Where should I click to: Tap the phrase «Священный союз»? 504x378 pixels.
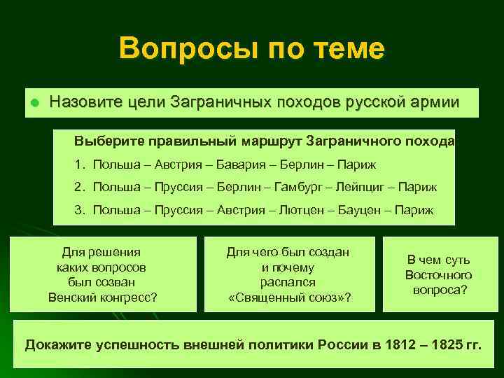[x=289, y=297]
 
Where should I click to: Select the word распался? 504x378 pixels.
[x=288, y=282]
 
